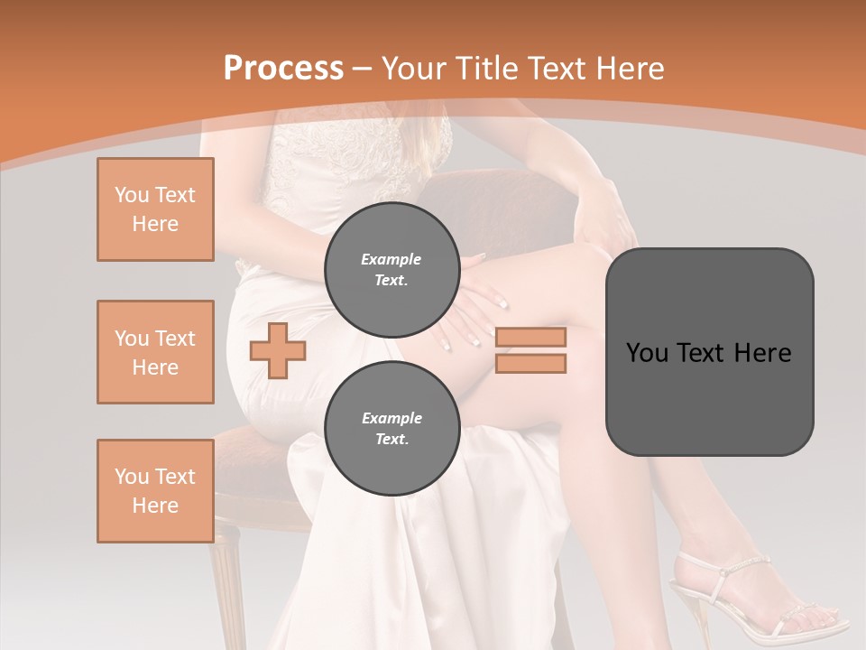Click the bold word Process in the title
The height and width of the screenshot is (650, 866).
coord(283,68)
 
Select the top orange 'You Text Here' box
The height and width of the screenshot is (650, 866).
coord(155,209)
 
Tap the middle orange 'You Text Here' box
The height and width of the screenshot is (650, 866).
coord(155,352)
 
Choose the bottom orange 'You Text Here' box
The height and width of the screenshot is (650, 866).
coord(155,490)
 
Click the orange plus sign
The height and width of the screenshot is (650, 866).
coord(278,349)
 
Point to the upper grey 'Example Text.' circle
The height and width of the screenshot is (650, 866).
coord(392,269)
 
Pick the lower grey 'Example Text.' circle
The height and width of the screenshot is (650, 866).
coord(392,428)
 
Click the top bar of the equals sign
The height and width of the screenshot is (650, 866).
coord(530,337)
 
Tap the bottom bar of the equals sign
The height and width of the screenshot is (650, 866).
coord(530,363)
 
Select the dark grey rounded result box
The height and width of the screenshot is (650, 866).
coord(709,352)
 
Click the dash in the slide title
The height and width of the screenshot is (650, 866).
coord(363,69)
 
